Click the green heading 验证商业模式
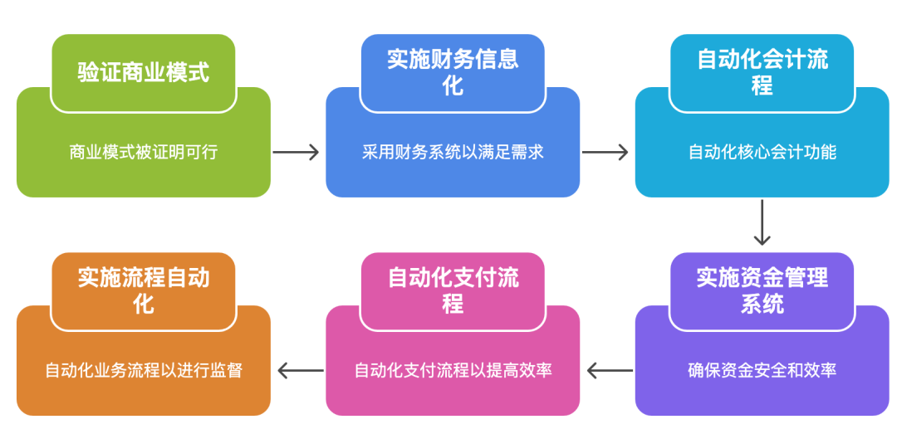pyautogui.click(x=143, y=72)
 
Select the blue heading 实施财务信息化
pyautogui.click(x=453, y=72)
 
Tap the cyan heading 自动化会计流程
pyautogui.click(x=762, y=72)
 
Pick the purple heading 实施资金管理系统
pyautogui.click(x=762, y=290)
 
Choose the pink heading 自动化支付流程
pyautogui.click(x=453, y=290)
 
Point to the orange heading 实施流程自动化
pyautogui.click(x=143, y=290)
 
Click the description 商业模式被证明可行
pyautogui.click(x=143, y=152)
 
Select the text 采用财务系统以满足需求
pyautogui.click(x=453, y=152)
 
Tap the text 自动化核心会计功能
pyautogui.click(x=762, y=152)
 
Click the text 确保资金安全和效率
pyautogui.click(x=762, y=370)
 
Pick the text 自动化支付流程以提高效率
pyautogui.click(x=453, y=370)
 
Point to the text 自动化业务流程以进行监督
pyautogui.click(x=143, y=370)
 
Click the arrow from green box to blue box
pyautogui.click(x=297, y=152)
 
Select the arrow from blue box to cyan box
pyautogui.click(x=605, y=152)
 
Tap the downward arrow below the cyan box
pyautogui.click(x=762, y=222)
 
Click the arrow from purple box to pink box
pyautogui.click(x=609, y=370)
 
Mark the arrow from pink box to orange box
pyautogui.click(x=300, y=370)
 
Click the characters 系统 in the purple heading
pyautogui.click(x=762, y=304)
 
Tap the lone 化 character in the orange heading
pyautogui.click(x=143, y=304)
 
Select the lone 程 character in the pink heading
pyautogui.click(x=453, y=304)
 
